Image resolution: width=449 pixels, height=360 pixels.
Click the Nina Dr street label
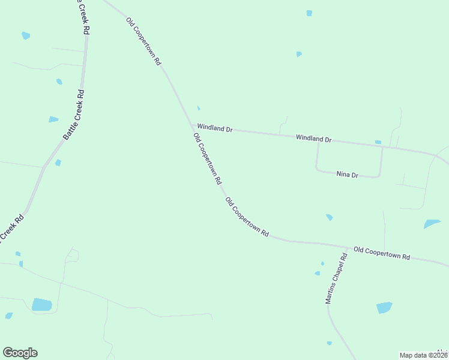pyautogui.click(x=347, y=175)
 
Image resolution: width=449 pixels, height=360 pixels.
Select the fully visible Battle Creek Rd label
pyautogui.click(x=74, y=115)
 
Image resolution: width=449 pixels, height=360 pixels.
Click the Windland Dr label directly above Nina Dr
pyautogui.click(x=313, y=139)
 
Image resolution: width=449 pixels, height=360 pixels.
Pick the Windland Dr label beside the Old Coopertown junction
pyautogui.click(x=214, y=128)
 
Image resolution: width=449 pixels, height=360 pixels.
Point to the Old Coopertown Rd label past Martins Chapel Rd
pyautogui.click(x=381, y=253)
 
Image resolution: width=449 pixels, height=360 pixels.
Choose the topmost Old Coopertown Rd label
pyautogui.click(x=143, y=41)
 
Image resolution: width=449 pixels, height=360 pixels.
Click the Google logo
pyautogui.click(x=20, y=353)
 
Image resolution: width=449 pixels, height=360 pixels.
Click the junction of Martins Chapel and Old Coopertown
pyautogui.click(x=349, y=247)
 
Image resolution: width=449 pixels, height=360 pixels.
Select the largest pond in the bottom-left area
pyautogui.click(x=41, y=304)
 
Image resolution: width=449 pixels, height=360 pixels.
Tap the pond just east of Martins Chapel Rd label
pyautogui.click(x=384, y=308)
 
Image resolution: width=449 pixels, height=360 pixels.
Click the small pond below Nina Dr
pyautogui.click(x=329, y=217)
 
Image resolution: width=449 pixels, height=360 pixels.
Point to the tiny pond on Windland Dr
pyautogui.click(x=378, y=142)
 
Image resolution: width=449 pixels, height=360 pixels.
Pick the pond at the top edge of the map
pyautogui.click(x=309, y=13)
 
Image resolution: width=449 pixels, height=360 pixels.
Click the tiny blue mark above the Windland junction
pyautogui.click(x=199, y=109)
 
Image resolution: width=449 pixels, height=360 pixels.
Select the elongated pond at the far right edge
pyautogui.click(x=432, y=224)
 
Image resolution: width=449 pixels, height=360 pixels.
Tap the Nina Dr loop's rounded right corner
pyautogui.click(x=379, y=175)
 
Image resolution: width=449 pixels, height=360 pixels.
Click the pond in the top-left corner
pyautogui.click(x=26, y=36)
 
